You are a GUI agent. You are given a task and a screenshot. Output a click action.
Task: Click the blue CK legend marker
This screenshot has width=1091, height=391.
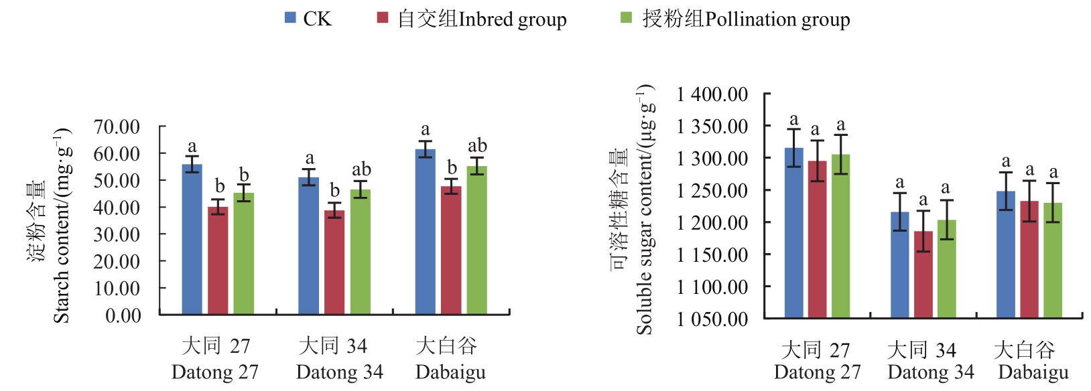click(290, 18)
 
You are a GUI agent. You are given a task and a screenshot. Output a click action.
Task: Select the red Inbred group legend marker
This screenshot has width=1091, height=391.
click(383, 18)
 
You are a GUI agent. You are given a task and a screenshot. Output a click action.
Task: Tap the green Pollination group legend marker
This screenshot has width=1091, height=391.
click(626, 18)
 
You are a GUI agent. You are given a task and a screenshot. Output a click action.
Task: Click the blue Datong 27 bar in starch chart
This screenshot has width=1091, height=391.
click(192, 240)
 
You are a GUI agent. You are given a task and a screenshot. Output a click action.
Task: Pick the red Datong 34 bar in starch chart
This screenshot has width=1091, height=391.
click(334, 262)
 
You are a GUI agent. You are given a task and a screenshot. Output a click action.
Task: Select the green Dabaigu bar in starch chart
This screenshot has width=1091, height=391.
click(476, 240)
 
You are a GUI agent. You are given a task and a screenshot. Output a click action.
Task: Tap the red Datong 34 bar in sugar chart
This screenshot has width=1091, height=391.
click(923, 275)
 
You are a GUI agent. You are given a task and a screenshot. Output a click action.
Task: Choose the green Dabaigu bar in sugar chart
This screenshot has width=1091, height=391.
click(1053, 260)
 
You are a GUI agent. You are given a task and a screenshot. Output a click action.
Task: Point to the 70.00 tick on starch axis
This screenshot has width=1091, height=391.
click(117, 127)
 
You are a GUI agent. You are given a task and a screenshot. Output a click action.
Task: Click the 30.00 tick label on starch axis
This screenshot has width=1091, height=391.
click(117, 234)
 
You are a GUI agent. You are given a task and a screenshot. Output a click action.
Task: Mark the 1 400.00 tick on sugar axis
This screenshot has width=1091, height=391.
click(712, 94)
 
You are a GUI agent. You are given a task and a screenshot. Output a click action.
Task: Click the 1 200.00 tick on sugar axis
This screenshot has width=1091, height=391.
click(712, 222)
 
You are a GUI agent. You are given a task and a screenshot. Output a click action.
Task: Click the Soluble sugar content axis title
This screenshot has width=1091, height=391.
click(644, 209)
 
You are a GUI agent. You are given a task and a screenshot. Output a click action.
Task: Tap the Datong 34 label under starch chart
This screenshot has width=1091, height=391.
click(339, 372)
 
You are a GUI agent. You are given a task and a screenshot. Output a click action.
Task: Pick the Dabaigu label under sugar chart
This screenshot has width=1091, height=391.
click(1033, 372)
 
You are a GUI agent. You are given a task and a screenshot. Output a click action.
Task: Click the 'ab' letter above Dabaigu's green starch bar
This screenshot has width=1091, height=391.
click(477, 145)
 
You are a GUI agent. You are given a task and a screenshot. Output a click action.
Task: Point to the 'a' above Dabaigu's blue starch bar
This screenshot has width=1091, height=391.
click(425, 129)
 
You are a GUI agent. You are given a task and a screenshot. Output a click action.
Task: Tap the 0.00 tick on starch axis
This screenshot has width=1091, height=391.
click(123, 315)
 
